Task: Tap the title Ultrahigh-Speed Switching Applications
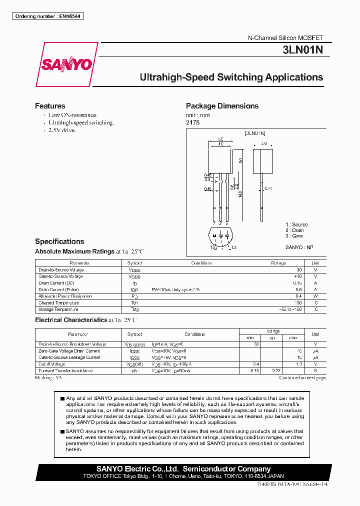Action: pyautogui.click(x=231, y=77)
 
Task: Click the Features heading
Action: pyautogui.click(x=50, y=106)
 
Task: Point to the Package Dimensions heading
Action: pyautogui.click(x=222, y=106)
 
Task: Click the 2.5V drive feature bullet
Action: pyautogui.click(x=62, y=130)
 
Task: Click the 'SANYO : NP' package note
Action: pyautogui.click(x=299, y=247)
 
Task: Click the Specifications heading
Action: pyautogui.click(x=59, y=241)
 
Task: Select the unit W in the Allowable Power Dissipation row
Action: pyautogui.click(x=315, y=296)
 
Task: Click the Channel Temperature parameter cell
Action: pyautogui.click(x=59, y=303)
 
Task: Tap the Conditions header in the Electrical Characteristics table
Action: pyautogui.click(x=194, y=334)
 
